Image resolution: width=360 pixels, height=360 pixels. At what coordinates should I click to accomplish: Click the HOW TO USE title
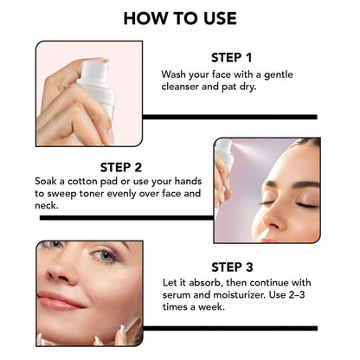[180, 18]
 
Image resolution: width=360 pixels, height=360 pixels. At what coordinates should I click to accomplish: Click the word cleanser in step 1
[186, 89]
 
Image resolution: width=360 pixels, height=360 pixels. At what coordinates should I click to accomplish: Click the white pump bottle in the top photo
[96, 100]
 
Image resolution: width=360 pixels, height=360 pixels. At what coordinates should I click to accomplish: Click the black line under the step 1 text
[229, 116]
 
